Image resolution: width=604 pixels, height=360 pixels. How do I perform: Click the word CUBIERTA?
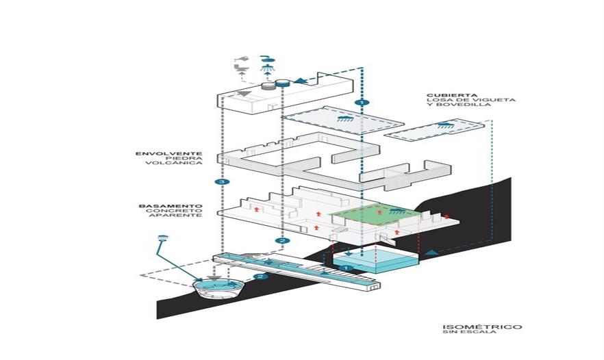pos(445,95)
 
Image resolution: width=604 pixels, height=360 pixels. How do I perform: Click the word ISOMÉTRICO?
pos(472,326)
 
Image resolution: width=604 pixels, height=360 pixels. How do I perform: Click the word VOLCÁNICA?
pos(182,164)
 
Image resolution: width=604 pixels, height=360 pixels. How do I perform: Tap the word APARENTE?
pos(183,216)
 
